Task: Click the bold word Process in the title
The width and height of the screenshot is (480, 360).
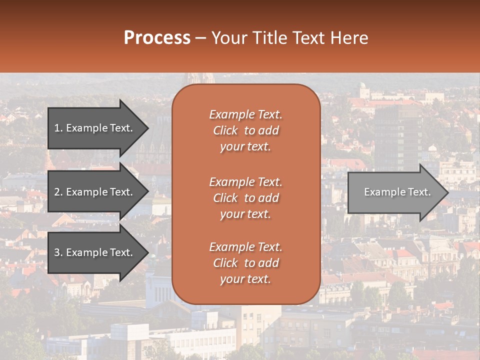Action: coord(157,38)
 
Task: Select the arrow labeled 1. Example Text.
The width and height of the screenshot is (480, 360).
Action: coord(94,128)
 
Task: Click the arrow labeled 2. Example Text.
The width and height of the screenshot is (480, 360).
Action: coord(94,192)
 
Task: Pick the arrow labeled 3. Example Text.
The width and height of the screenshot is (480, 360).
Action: coord(94,252)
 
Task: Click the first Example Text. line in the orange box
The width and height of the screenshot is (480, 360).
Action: coord(245,114)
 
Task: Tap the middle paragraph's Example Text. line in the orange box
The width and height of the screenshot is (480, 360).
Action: coord(245,181)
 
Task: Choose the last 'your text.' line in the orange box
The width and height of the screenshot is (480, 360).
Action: coord(245,279)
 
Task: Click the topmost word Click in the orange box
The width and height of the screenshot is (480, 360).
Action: coord(225,130)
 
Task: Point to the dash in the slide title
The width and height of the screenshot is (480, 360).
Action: coord(200,38)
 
